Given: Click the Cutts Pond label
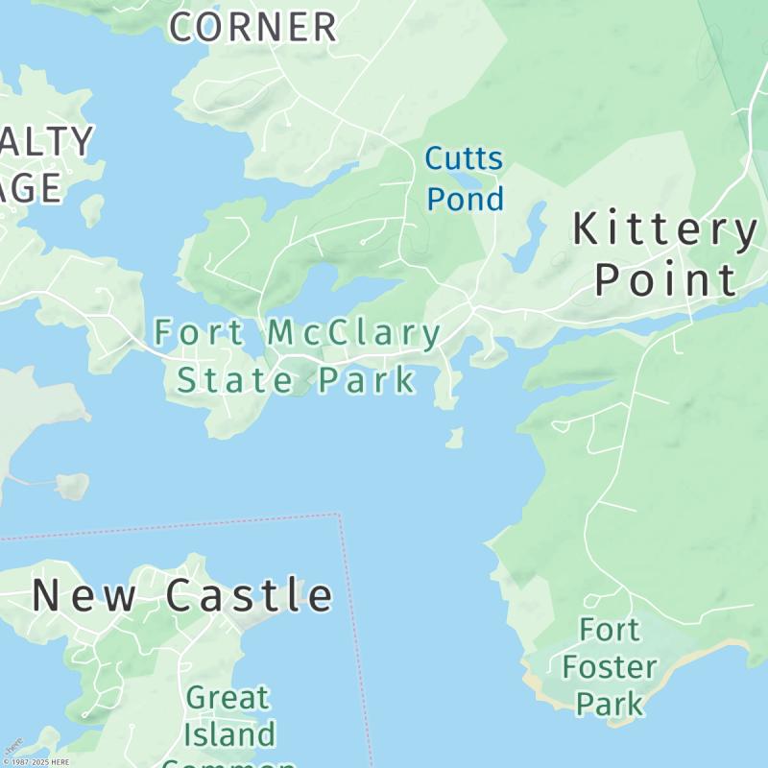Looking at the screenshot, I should tap(465, 178).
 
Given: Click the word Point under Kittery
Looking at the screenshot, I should tap(665, 279).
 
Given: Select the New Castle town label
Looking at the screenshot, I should tap(182, 595).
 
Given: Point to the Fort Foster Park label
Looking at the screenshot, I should tap(611, 667).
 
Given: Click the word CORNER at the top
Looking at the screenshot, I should tap(253, 27).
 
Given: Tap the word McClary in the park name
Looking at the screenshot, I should tap(353, 334).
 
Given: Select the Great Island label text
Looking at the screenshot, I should tap(228, 716).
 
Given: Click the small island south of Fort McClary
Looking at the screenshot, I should tap(454, 439).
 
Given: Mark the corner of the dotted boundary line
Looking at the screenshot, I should tap(339, 516).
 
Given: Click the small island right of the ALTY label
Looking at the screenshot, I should tap(92, 209).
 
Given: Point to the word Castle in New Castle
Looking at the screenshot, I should tap(250, 595).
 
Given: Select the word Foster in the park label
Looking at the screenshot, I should tap(611, 667).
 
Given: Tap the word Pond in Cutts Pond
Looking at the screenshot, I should tap(465, 199).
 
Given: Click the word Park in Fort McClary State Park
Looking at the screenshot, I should tap(368, 380).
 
